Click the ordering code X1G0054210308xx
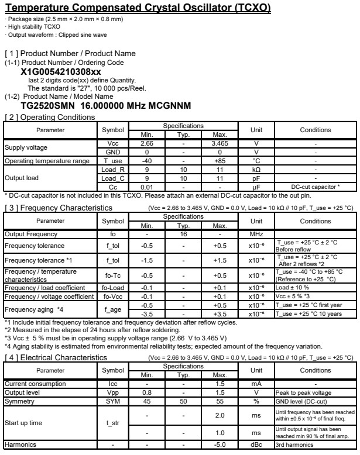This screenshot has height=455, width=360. point(61,72)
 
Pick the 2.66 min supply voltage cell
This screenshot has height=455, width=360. point(150,143)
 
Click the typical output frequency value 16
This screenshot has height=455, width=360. point(184,234)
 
